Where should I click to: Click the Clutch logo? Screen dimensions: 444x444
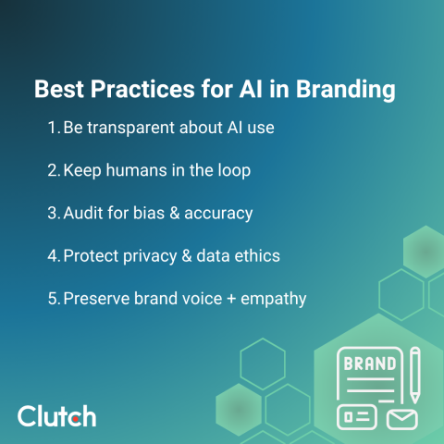(x=56, y=415)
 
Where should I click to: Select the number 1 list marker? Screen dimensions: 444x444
(x=53, y=128)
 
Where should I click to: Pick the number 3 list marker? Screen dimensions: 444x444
(x=53, y=213)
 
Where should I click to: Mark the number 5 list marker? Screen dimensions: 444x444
(x=53, y=299)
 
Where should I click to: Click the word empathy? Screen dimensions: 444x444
(x=275, y=300)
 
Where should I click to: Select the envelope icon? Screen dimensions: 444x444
(x=401, y=419)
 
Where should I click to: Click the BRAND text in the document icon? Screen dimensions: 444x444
(x=369, y=364)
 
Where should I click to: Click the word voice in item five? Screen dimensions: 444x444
(x=195, y=299)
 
